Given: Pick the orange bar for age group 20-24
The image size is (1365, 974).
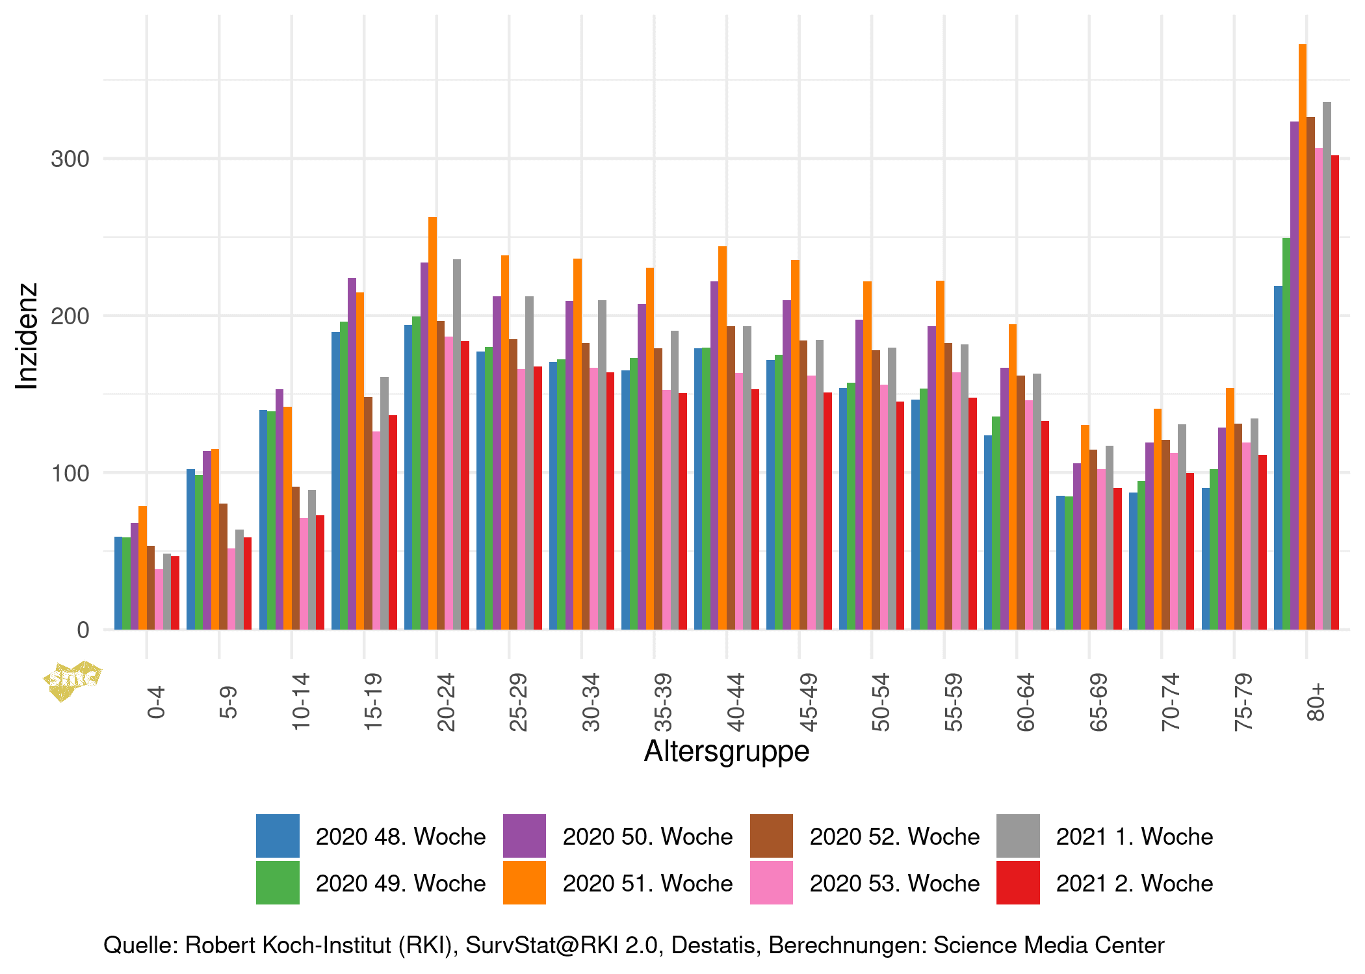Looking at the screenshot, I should [432, 423].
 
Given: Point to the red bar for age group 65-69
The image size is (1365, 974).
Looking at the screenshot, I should [1117, 559].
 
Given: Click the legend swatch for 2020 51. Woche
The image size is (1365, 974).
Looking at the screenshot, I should [524, 882].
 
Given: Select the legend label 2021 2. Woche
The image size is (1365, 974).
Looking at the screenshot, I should [1134, 883].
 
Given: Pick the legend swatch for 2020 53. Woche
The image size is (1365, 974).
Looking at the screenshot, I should [771, 882].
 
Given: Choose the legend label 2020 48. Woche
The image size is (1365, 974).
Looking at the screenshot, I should [400, 836].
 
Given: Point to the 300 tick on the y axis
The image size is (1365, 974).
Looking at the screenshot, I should [70, 159].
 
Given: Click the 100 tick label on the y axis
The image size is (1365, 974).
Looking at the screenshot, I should [70, 473].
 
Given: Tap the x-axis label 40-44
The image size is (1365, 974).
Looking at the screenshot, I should [735, 702].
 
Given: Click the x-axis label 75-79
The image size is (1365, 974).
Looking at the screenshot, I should [1243, 702].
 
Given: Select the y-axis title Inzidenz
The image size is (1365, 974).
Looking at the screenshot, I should [27, 337].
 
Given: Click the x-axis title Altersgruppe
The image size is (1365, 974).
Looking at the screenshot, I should [727, 751].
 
